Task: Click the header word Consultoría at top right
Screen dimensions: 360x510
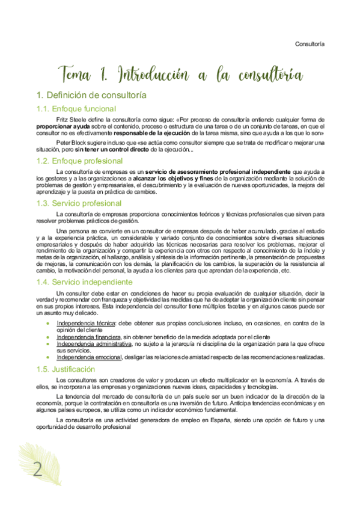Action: point(310,44)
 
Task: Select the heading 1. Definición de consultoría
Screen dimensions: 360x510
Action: point(91,95)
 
